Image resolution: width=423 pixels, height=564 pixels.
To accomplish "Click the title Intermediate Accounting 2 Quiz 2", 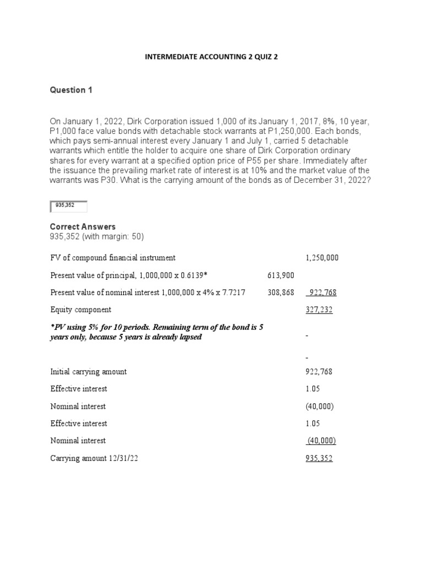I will [x=211, y=56].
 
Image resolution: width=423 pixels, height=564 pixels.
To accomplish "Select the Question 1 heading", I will [x=71, y=90].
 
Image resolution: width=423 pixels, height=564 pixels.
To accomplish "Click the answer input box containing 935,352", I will [x=68, y=207].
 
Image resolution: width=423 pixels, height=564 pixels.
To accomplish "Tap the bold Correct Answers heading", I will [x=83, y=227].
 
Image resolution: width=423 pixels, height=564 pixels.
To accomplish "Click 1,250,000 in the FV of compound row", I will [x=322, y=258].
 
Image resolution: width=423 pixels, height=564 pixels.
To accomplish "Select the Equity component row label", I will [x=80, y=310].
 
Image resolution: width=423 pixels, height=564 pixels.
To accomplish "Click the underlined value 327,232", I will [x=319, y=310].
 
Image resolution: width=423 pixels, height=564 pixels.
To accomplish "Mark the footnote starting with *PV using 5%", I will [x=156, y=332].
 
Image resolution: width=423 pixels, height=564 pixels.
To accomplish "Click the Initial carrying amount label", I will [x=88, y=372].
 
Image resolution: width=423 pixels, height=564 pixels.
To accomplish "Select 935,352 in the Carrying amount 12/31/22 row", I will [x=319, y=458].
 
